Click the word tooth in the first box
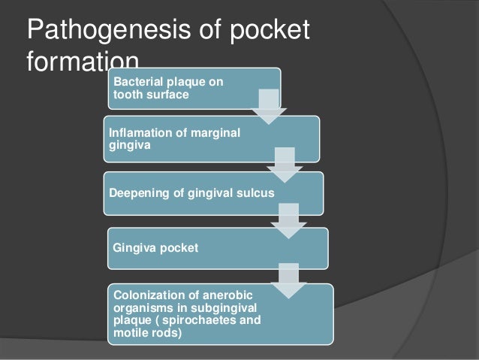125,95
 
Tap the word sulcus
254,192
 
